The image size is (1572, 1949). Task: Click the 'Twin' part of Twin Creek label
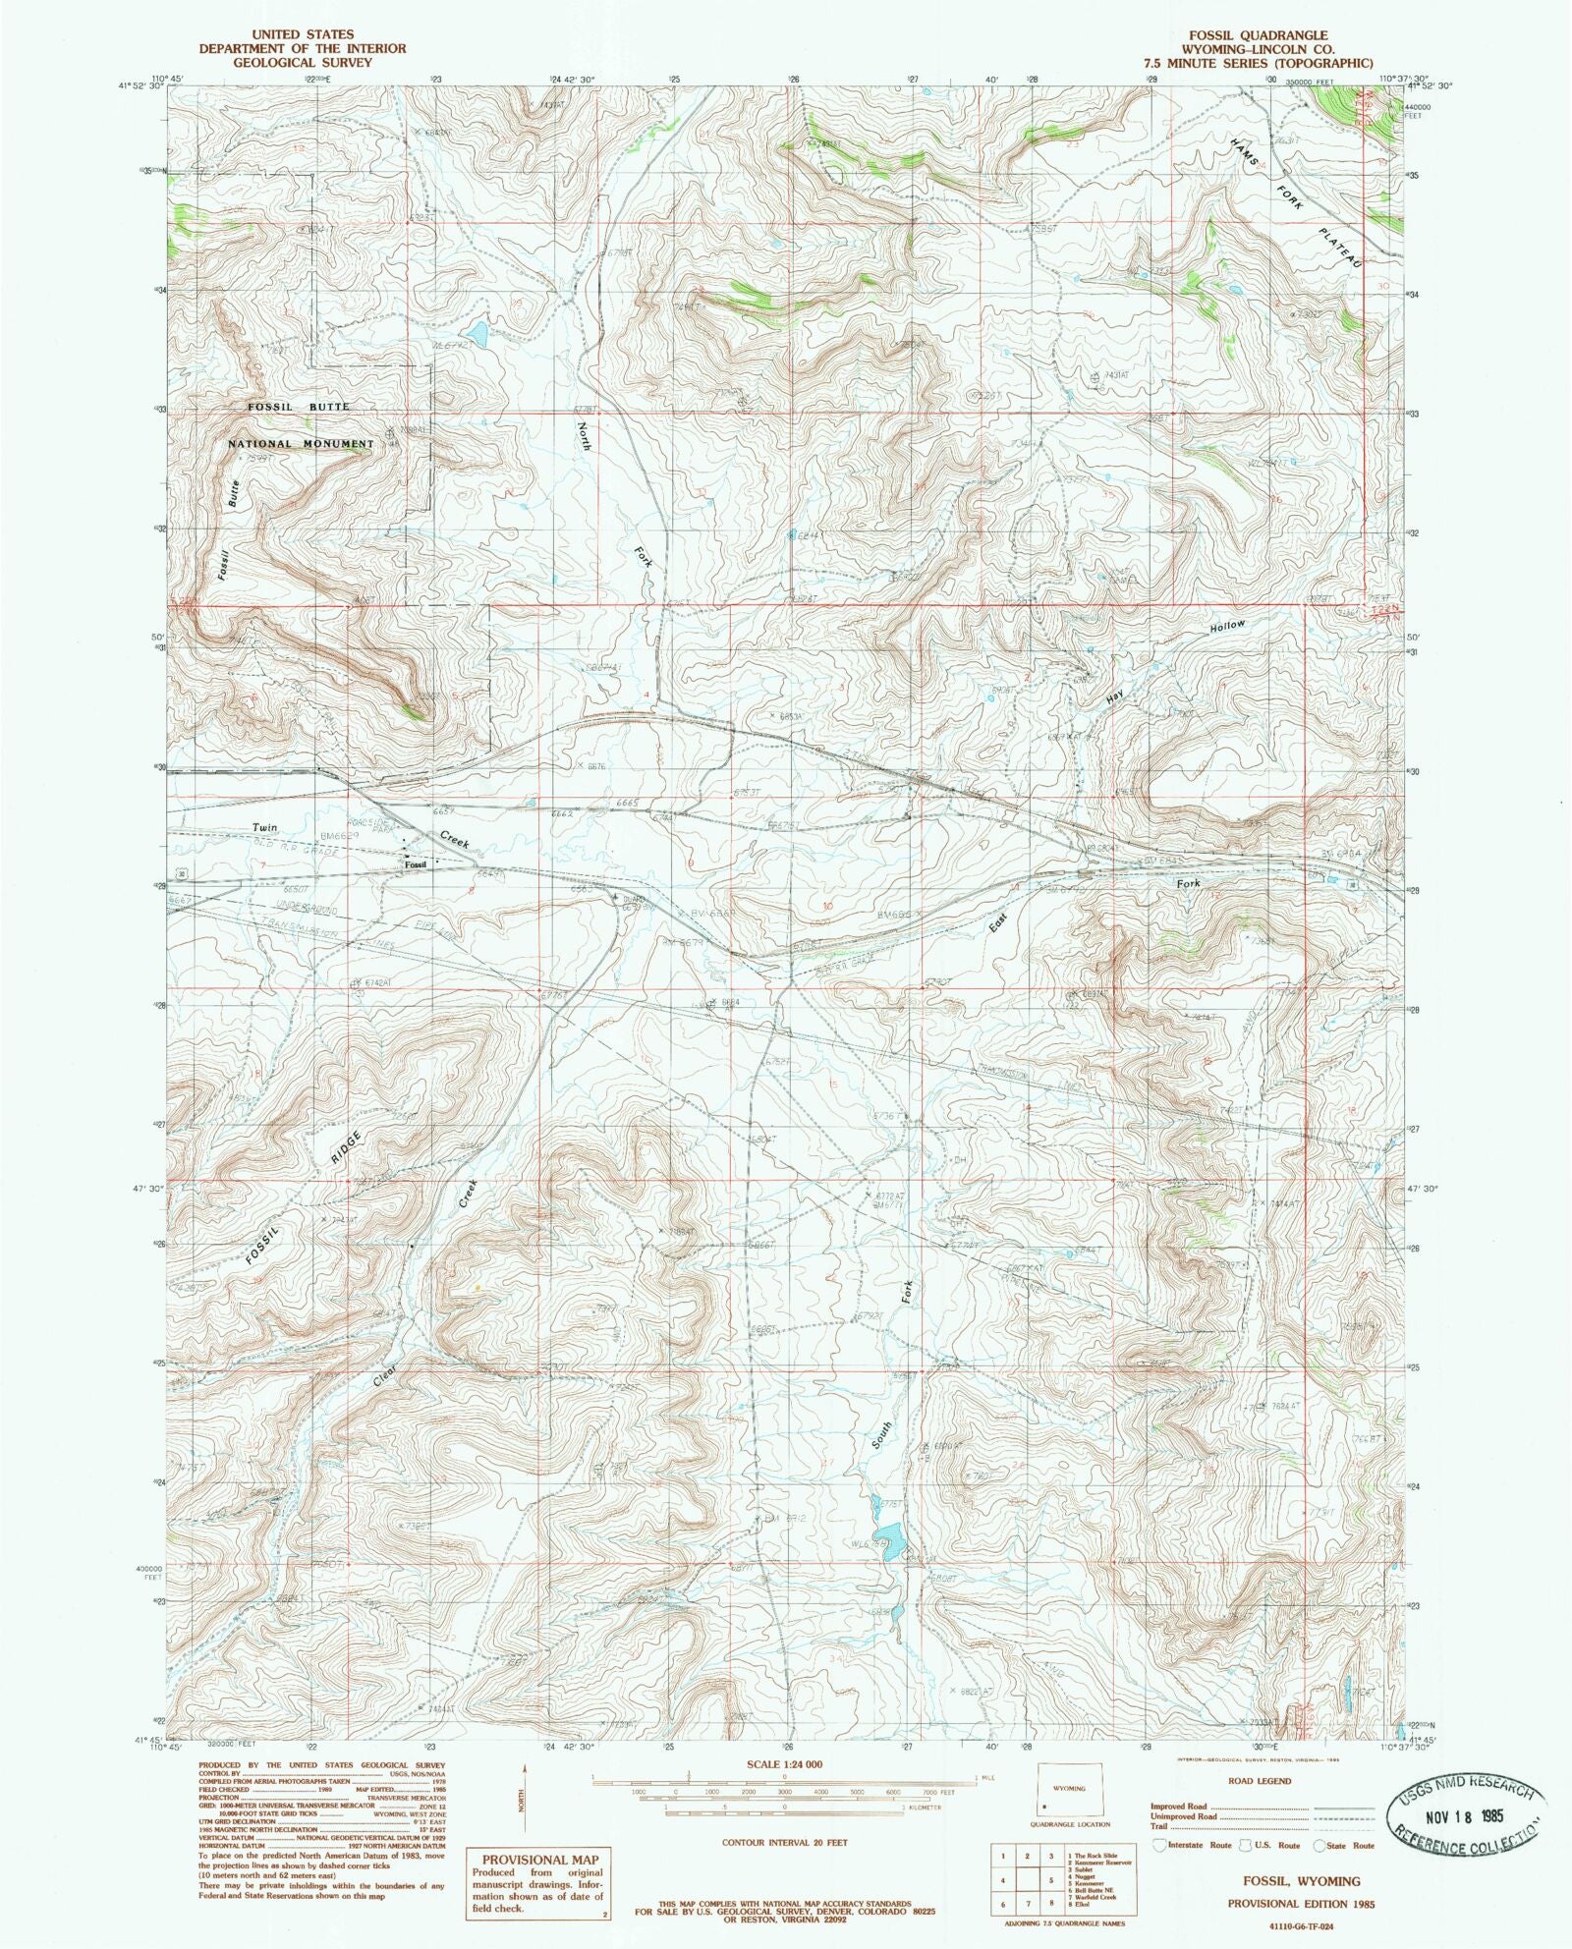tap(265, 827)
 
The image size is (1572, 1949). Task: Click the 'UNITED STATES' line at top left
tap(276, 34)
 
